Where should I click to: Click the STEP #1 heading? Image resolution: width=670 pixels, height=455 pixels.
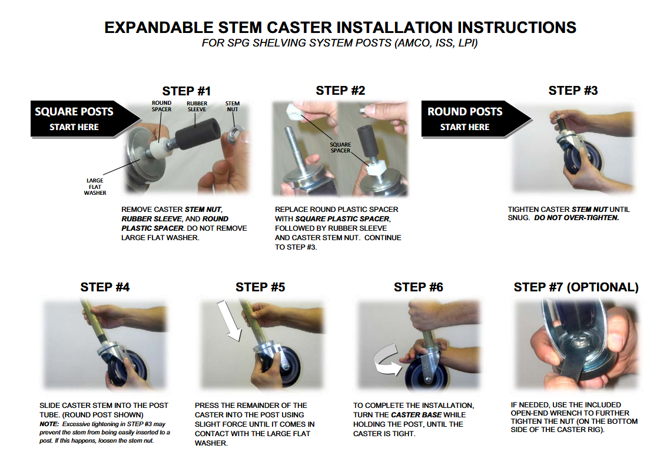click(x=186, y=91)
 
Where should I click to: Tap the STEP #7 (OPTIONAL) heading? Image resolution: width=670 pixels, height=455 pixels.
click(x=576, y=287)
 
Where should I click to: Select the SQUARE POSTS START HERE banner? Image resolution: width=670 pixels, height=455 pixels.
click(x=85, y=119)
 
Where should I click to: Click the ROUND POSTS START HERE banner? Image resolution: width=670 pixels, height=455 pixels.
click(x=476, y=119)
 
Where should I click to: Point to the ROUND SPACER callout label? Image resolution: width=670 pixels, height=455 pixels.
click(x=161, y=106)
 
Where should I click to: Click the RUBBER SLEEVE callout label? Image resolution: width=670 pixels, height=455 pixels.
click(x=197, y=107)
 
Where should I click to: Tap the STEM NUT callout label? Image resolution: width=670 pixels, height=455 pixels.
click(x=233, y=107)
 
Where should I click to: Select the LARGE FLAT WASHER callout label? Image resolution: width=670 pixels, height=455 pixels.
click(x=95, y=187)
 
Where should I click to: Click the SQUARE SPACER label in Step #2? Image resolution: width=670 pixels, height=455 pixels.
click(x=340, y=147)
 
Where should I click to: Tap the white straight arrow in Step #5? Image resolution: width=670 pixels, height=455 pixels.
click(x=229, y=320)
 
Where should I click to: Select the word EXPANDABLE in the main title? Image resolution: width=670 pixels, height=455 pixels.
click(x=159, y=27)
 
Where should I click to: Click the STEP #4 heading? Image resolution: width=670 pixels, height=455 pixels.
click(x=105, y=287)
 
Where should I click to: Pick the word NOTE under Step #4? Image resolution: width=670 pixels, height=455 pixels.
click(x=49, y=424)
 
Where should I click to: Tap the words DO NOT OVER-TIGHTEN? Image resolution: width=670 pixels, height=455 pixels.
click(x=576, y=218)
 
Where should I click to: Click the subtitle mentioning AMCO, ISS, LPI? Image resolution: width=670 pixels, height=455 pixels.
click(x=340, y=43)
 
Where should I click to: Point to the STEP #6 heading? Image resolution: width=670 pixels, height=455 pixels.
click(x=419, y=287)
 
